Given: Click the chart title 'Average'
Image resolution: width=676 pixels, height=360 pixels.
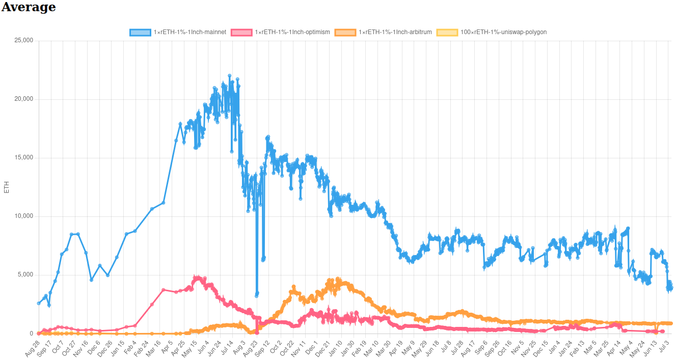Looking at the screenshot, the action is point(29,7).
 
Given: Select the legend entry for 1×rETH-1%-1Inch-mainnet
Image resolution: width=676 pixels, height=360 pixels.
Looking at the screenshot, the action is point(178,32).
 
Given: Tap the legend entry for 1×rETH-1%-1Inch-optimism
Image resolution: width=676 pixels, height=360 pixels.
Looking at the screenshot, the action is point(280,32).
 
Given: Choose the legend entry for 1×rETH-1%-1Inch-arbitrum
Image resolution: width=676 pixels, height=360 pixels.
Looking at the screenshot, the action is point(383,32).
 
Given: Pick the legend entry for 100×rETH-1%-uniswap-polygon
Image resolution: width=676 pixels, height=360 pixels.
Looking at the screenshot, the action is point(492,32).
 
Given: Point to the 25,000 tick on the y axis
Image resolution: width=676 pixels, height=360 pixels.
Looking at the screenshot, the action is point(24,40).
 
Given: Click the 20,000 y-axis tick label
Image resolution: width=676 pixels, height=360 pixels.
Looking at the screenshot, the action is point(24,99).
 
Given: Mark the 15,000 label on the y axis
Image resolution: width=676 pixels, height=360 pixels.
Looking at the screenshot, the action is point(24,157).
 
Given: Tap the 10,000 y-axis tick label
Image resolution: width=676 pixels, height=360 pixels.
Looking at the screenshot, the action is point(24,216).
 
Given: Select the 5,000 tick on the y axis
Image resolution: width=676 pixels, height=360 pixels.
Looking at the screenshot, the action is point(25,274).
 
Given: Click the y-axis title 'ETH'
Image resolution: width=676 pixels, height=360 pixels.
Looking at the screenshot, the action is point(6,187).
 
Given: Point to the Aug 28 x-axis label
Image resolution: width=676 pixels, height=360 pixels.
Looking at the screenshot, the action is point(32,348).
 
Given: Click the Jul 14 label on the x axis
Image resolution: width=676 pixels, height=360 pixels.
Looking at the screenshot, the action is point(226,348).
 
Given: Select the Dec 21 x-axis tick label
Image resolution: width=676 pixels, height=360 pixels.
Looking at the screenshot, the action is point(322,348).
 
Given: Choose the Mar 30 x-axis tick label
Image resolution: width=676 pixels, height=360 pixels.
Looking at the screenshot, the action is point(383,348).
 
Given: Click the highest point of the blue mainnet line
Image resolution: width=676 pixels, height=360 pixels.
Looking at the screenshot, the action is point(229,76).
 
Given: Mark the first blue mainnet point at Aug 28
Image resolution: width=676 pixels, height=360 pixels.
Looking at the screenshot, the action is point(39,303).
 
